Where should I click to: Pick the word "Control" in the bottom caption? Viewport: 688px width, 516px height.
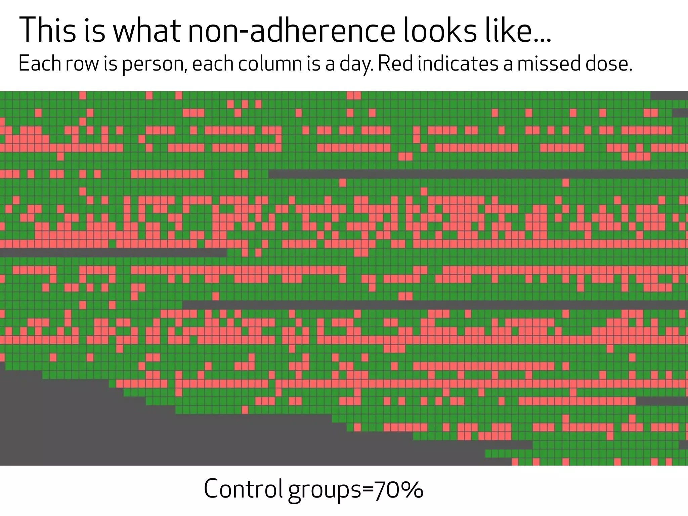click(243, 489)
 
